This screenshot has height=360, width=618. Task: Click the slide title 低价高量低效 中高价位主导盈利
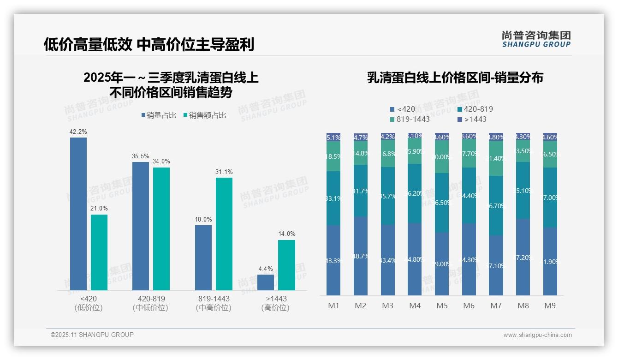pyautogui.click(x=149, y=44)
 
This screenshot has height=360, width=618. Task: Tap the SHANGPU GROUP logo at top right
pyautogui.click(x=536, y=39)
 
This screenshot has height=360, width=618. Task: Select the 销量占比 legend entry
pyautogui.click(x=159, y=115)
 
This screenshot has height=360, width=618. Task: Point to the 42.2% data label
pyautogui.click(x=78, y=132)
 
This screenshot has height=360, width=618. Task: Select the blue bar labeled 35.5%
pyautogui.click(x=141, y=226)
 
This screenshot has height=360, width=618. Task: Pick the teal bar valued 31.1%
pyautogui.click(x=224, y=234)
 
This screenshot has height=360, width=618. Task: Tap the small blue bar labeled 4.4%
pyautogui.click(x=266, y=282)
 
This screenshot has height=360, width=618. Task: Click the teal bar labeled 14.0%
pyautogui.click(x=286, y=265)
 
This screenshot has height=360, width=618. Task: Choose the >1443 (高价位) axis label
pyautogui.click(x=275, y=303)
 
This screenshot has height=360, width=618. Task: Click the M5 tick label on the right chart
pyautogui.click(x=442, y=306)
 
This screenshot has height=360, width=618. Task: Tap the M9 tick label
pyautogui.click(x=550, y=306)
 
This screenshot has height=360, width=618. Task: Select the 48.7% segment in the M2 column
pyautogui.click(x=361, y=256)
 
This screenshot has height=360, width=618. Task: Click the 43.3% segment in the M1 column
pyautogui.click(x=333, y=260)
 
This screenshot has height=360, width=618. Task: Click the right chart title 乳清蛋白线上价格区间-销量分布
pyautogui.click(x=455, y=78)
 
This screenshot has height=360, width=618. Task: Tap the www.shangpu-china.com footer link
pyautogui.click(x=537, y=335)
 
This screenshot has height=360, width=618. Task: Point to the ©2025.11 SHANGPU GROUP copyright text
pyautogui.click(x=92, y=335)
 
